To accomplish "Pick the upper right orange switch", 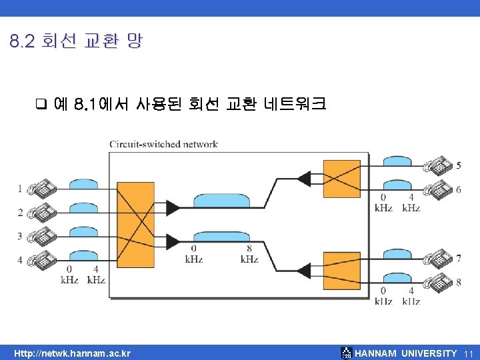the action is click(341, 179).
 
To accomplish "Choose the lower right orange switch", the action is click(341, 270).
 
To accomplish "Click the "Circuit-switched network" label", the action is click(163, 144).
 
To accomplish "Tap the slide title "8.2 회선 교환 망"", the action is click(76, 41).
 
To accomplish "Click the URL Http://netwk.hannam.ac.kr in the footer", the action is click(73, 353).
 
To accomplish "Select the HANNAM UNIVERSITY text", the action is click(406, 353).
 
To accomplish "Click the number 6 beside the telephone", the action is click(459, 189).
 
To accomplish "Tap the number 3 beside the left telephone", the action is click(20, 236).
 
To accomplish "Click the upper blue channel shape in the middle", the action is click(221, 201).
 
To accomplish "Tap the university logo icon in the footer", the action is click(346, 353).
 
